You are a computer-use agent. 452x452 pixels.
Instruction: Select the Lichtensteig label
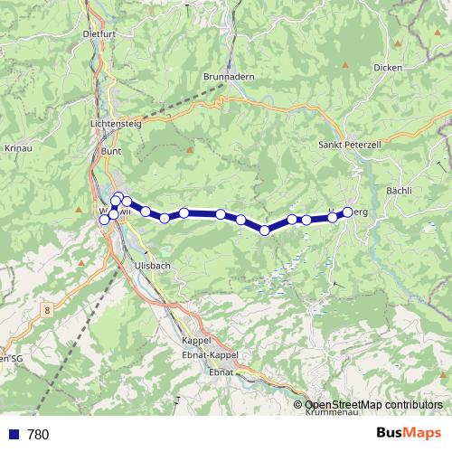point(117,124)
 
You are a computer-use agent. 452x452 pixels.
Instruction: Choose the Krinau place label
point(19,146)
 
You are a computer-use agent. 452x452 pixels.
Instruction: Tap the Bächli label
point(399,191)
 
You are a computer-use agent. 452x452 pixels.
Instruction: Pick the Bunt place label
point(111,151)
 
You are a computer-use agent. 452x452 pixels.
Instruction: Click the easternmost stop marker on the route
point(347,212)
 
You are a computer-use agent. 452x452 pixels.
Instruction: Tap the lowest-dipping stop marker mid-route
point(265,231)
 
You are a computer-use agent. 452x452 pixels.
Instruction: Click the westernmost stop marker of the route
point(104,219)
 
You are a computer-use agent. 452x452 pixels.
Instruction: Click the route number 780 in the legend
point(38,435)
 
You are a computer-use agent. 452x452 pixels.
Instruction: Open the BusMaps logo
point(408,434)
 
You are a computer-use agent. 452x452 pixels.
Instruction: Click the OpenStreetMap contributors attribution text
point(373,405)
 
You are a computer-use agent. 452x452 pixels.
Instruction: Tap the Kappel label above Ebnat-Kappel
point(195,340)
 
